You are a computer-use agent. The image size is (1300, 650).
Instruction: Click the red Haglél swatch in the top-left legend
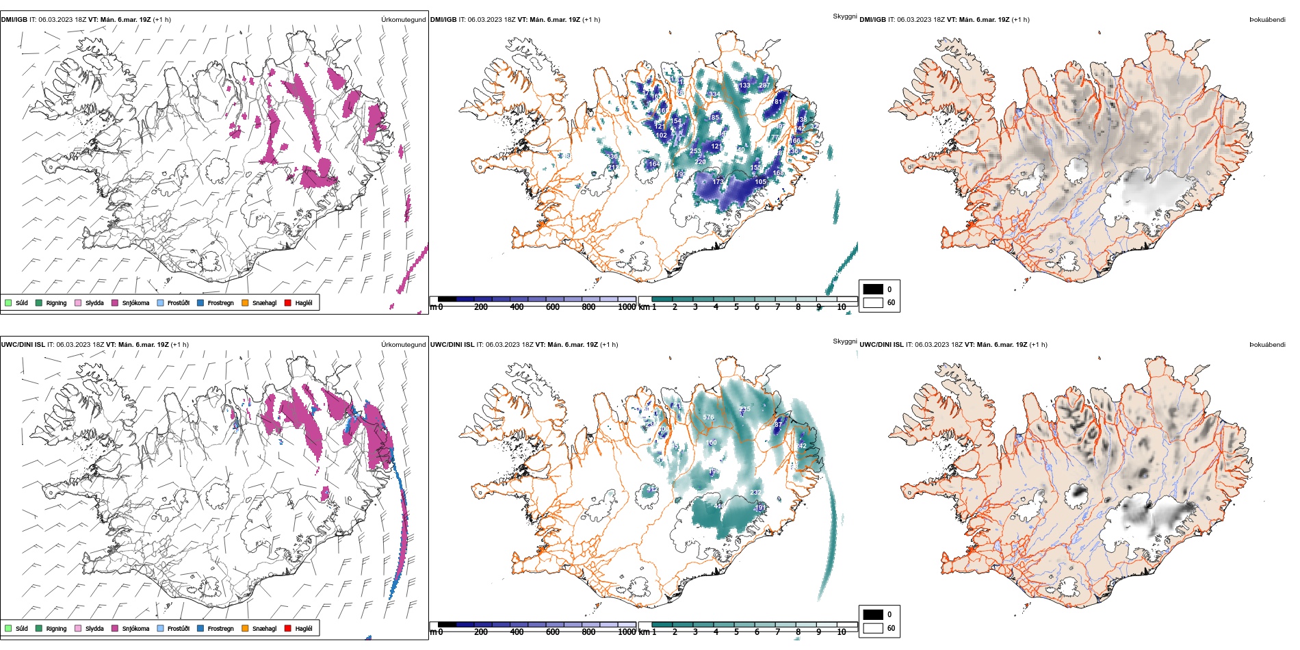click(x=288, y=302)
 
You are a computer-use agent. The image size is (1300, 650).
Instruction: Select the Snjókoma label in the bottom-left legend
click(x=135, y=628)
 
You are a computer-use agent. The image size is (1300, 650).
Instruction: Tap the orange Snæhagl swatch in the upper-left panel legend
click(x=245, y=302)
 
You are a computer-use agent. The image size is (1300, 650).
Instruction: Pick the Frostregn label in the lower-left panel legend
click(x=220, y=628)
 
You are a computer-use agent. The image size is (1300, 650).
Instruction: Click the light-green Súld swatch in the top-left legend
click(x=8, y=302)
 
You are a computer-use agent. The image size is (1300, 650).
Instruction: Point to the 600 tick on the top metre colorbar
click(x=553, y=307)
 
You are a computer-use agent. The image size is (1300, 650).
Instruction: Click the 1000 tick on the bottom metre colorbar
click(x=627, y=632)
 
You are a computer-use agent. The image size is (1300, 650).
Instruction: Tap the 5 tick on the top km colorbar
click(x=736, y=307)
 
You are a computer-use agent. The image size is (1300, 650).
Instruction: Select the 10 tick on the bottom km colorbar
click(x=842, y=632)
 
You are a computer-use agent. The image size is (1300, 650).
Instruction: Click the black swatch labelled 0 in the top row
click(x=873, y=289)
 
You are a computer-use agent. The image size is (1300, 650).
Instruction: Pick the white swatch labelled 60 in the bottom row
click(x=873, y=628)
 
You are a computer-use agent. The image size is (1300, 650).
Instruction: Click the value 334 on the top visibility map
click(x=714, y=94)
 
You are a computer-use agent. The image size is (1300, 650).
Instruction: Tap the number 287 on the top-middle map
click(x=764, y=86)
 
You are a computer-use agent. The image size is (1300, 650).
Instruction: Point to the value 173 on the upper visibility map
click(x=718, y=182)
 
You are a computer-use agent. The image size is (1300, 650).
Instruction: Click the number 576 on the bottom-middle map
click(x=708, y=417)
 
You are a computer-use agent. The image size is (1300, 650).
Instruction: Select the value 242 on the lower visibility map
click(x=801, y=446)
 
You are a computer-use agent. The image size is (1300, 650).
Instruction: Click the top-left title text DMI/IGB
click(x=14, y=20)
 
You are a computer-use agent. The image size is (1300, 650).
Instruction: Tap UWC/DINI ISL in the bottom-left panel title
click(x=23, y=345)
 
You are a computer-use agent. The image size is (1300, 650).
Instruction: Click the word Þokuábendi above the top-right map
click(x=1267, y=20)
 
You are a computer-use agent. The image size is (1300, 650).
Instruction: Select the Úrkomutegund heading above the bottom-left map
click(x=403, y=345)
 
